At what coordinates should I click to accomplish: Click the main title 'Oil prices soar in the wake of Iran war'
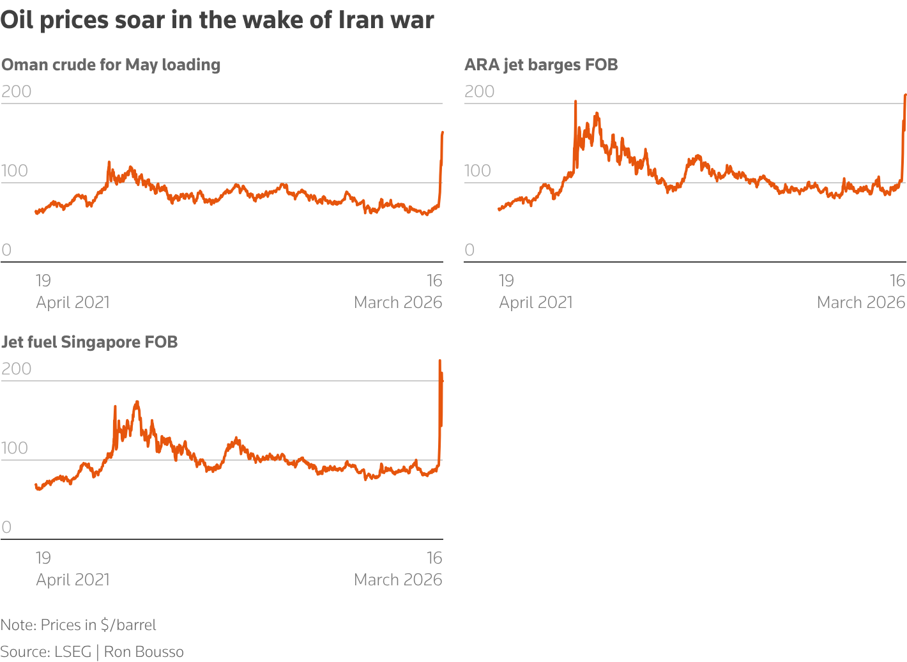coord(217,20)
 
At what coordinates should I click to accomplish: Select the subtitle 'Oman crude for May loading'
coord(111,65)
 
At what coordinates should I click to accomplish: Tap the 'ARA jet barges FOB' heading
coord(541,65)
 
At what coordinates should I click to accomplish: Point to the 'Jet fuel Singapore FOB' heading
coord(89,342)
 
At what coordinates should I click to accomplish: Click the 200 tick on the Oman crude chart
coord(17,91)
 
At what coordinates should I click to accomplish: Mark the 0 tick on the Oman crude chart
coord(6,250)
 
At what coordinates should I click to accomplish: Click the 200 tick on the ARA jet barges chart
coord(480,91)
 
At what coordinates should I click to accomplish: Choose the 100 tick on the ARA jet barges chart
coord(478,171)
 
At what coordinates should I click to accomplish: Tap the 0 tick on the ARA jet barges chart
coord(469,250)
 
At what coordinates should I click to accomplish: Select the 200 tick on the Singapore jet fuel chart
coord(17,369)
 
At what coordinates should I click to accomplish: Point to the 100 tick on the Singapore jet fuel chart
coord(15,448)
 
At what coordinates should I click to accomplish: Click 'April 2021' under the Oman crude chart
coord(73,302)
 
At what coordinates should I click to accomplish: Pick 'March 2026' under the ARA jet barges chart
coord(861,302)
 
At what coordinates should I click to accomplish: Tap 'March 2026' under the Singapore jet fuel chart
coord(398,580)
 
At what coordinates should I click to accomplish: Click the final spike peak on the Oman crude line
coord(443,132)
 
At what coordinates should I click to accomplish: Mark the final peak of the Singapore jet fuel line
coord(439,361)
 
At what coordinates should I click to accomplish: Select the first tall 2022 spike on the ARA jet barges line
coord(575,102)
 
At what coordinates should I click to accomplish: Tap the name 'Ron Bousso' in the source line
coord(144,652)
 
